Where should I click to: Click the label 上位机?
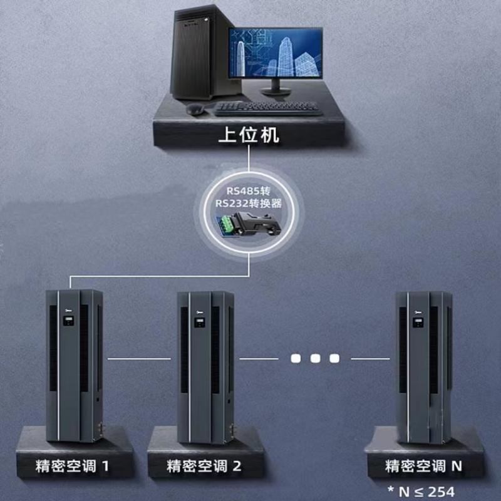250,135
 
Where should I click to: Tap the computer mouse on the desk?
195,109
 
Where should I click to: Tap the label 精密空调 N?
424,466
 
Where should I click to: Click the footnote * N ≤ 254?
421,491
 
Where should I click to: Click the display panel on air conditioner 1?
66,323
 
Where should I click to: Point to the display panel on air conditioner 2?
197,323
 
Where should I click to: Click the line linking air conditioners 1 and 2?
139,358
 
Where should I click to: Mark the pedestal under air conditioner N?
426,442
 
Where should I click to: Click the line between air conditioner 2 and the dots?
258,358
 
